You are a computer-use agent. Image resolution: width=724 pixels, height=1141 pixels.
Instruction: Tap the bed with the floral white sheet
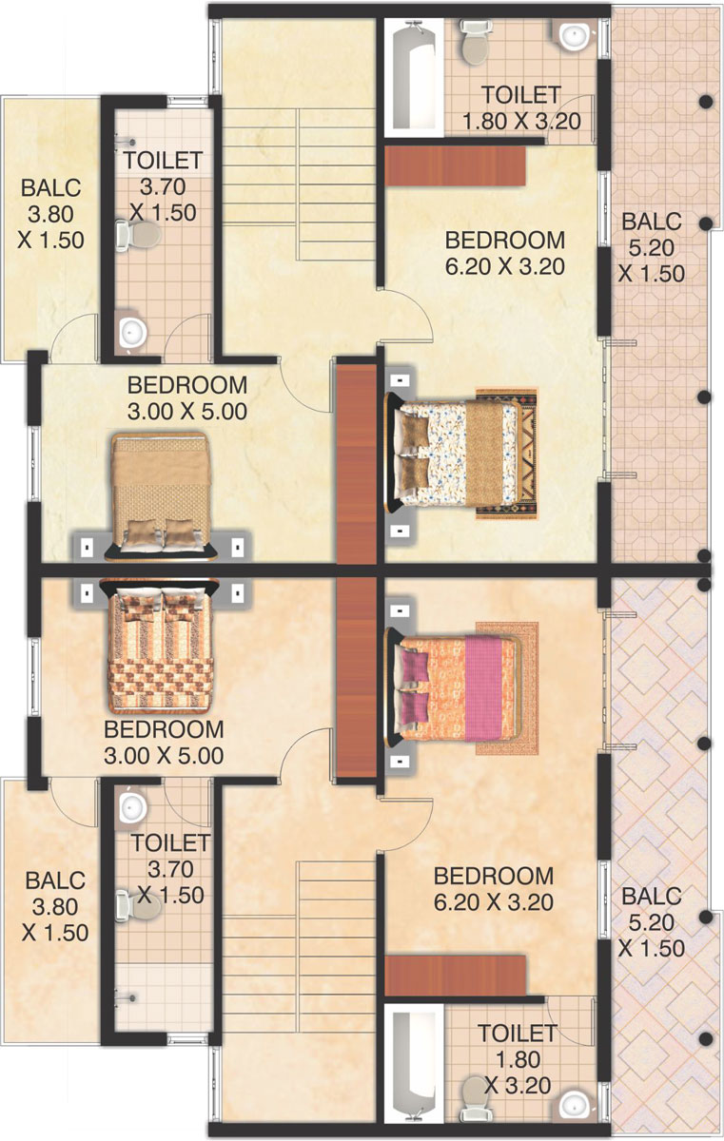click(x=454, y=452)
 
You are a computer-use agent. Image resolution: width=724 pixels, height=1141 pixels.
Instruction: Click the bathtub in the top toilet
click(x=414, y=75)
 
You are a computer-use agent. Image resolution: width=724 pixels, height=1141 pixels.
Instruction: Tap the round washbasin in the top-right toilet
click(x=575, y=36)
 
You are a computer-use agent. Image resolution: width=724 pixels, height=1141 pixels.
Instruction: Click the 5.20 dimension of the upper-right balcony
click(x=651, y=248)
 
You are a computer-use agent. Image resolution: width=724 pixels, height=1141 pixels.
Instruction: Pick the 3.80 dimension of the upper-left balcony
click(x=50, y=215)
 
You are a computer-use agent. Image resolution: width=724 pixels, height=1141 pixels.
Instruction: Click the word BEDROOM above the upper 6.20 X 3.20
click(x=505, y=241)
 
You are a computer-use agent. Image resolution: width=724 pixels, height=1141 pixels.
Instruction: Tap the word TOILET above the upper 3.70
click(x=163, y=161)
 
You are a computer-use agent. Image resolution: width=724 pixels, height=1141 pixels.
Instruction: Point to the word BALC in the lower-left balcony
click(x=55, y=880)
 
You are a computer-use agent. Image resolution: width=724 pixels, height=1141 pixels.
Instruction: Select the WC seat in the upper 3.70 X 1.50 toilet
click(x=139, y=235)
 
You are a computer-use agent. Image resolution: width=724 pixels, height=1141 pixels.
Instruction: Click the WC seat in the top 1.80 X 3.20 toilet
click(x=475, y=44)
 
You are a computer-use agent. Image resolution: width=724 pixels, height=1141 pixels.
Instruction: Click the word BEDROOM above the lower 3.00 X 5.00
click(x=164, y=729)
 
